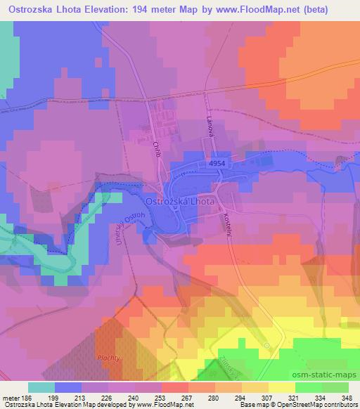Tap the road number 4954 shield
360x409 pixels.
217,163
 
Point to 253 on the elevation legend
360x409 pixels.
162,397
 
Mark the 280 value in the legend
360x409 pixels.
212,397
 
